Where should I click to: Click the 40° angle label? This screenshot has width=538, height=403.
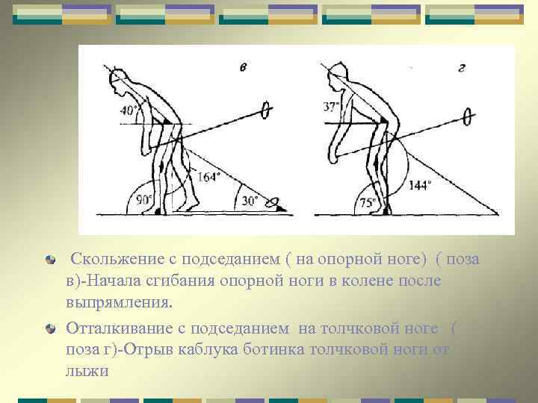coord(129,112)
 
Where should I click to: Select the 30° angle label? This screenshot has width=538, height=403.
coord(250,200)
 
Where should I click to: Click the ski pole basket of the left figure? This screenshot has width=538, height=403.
coord(264,111)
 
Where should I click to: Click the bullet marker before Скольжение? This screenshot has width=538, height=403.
coord(49,260)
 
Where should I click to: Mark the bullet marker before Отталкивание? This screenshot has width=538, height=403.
coord(49,327)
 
